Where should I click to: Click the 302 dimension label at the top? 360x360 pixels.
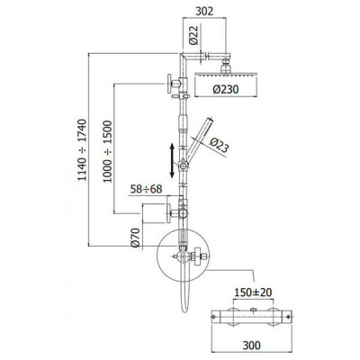coord(204,11)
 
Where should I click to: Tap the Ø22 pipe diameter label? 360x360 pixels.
coord(194,35)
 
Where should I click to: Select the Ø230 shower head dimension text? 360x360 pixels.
coord(226,89)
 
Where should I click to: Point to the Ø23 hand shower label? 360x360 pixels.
coord(219,145)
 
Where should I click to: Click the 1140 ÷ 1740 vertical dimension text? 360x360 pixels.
coord(82,150)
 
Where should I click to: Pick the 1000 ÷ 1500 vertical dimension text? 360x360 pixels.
coord(107,151)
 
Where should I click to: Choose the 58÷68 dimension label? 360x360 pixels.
coord(146,189)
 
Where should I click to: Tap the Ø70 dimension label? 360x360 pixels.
coord(136,238)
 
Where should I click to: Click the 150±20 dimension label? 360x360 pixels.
coord(253,292)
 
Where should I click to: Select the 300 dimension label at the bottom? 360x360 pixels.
coord(251,346)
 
